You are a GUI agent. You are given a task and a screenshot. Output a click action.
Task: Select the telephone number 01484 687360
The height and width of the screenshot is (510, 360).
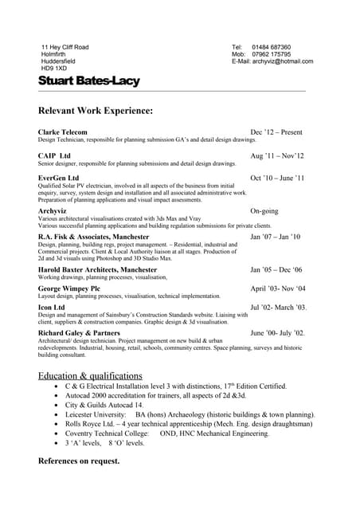[x=272, y=48]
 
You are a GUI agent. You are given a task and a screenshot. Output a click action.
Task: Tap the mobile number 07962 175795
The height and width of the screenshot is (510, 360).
[x=272, y=54]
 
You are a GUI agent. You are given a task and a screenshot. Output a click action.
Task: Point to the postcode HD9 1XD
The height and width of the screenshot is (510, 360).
[x=55, y=69]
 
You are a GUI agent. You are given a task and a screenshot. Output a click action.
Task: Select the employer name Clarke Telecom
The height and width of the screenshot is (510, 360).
[x=63, y=131]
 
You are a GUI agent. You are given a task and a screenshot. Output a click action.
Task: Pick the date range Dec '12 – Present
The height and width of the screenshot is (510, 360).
[x=276, y=131]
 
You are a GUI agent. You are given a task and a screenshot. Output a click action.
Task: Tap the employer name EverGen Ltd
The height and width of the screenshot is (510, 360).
[x=59, y=178]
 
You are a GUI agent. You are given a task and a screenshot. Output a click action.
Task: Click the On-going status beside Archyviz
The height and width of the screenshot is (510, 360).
[x=265, y=211]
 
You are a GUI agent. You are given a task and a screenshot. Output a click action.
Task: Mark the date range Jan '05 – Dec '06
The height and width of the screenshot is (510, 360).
[x=276, y=270]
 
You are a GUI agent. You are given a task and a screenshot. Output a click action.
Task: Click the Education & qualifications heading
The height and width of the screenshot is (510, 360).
[x=90, y=375]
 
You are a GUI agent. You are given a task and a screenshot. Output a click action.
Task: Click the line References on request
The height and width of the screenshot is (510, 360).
[x=79, y=461]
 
